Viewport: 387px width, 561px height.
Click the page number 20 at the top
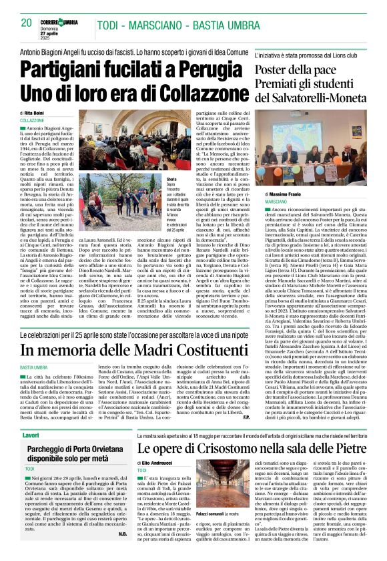(26, 23)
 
